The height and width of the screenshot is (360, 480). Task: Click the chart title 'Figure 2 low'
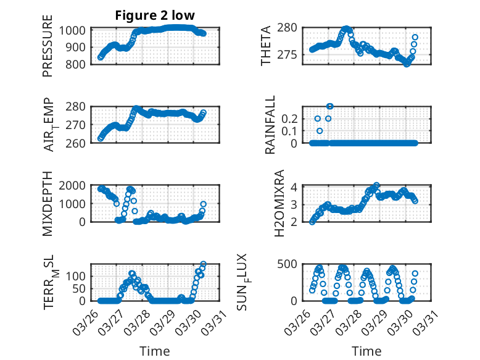[155, 15]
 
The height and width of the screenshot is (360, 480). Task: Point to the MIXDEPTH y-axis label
[48, 203]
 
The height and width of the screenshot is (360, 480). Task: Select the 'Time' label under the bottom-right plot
[366, 351]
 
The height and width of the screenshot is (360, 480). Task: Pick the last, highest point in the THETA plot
[415, 37]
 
